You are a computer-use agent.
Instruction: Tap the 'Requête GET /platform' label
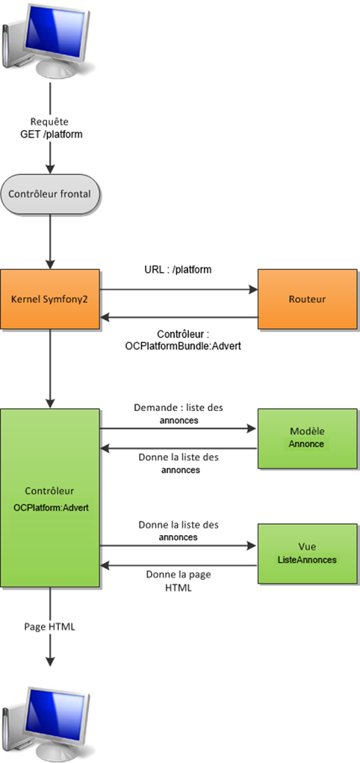click(x=50, y=128)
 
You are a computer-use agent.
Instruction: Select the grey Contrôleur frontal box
click(x=50, y=194)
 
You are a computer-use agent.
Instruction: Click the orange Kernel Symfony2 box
click(x=50, y=299)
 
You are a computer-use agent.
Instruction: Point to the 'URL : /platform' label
click(x=179, y=268)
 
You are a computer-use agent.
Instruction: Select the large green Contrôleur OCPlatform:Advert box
click(x=50, y=498)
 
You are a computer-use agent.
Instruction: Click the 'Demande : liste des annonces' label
click(x=179, y=414)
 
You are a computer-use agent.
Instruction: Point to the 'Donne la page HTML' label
click(x=179, y=581)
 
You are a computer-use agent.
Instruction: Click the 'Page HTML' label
click(x=50, y=626)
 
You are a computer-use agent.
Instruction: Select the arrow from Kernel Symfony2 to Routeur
click(x=179, y=288)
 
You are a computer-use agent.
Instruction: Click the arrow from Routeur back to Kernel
click(x=179, y=318)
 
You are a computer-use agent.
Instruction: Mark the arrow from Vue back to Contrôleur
click(x=179, y=564)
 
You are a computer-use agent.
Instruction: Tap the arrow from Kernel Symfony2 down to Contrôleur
click(x=50, y=368)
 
